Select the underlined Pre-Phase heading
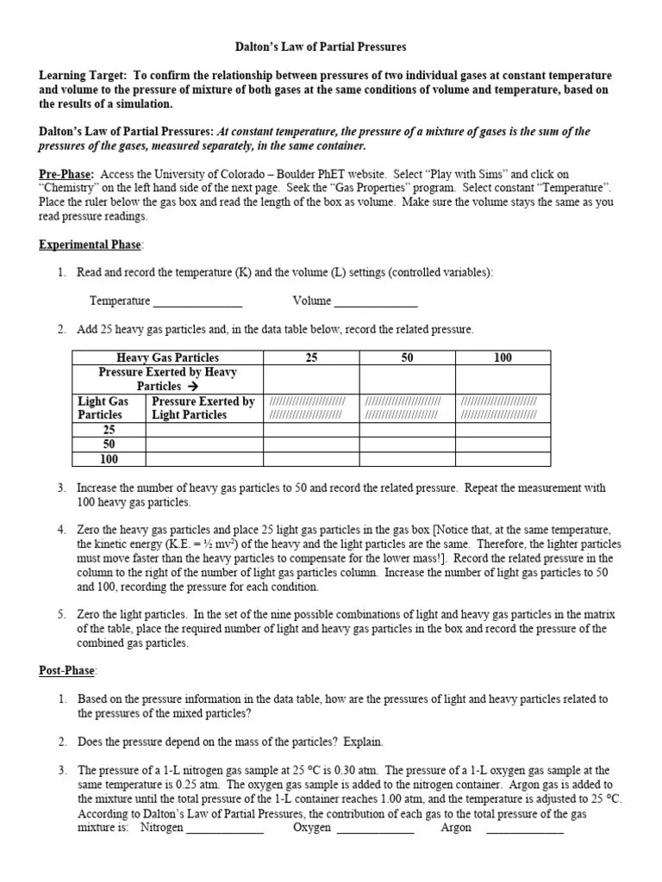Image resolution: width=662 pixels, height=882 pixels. coord(66,174)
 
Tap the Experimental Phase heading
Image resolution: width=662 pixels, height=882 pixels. coord(91,245)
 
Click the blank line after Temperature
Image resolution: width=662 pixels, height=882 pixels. coord(197,302)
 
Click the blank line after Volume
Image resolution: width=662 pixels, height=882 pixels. coord(376,302)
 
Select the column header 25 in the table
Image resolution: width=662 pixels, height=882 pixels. coord(311,357)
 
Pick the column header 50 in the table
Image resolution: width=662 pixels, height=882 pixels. coord(408,357)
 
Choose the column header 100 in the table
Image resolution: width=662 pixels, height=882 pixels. coord(503,357)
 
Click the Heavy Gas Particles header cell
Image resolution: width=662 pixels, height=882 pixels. coord(167,357)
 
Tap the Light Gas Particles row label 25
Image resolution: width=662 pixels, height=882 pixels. coord(109,429)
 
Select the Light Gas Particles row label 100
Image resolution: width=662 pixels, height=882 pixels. coord(109,459)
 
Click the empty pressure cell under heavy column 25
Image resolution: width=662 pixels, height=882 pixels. coord(311,379)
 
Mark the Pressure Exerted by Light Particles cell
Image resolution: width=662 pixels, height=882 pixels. coord(203,407)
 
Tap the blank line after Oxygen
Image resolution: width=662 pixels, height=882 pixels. coord(375,829)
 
